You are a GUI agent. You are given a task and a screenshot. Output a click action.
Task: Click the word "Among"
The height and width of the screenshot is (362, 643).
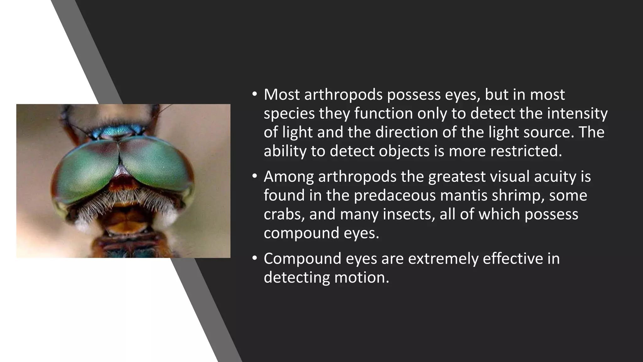(x=289, y=177)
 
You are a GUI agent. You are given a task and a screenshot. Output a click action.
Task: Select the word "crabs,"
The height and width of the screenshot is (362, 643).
(x=284, y=214)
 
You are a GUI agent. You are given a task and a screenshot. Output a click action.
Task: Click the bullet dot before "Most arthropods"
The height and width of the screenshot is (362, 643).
(x=254, y=94)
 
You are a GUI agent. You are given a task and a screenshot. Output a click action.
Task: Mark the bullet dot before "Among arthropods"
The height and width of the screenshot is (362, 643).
(x=254, y=176)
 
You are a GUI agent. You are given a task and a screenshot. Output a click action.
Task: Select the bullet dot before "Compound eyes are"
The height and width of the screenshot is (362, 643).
(x=254, y=258)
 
